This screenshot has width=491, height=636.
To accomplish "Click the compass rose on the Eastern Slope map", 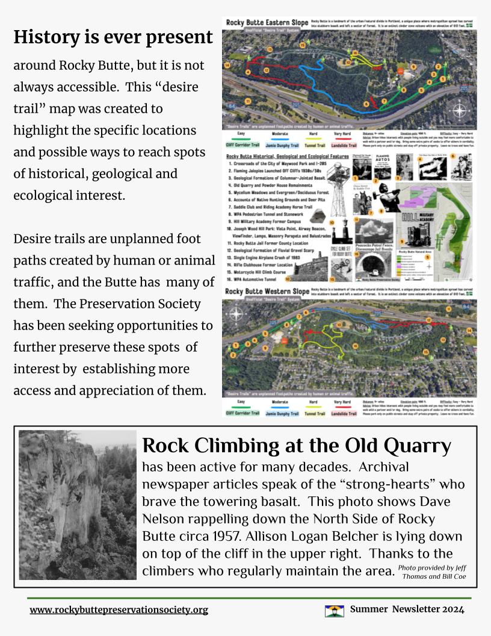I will point(459,111).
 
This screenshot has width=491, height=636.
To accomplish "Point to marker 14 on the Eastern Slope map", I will point(227,64).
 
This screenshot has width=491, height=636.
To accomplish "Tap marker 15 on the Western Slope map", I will point(425,351).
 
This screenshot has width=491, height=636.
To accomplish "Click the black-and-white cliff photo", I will point(78,505).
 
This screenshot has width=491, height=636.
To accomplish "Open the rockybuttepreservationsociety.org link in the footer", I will point(119,610).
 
